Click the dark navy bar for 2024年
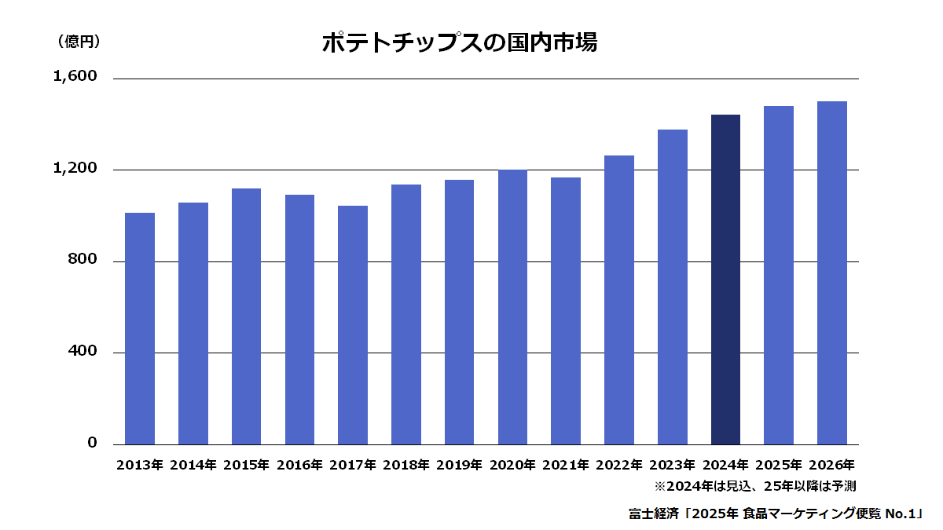(x=725, y=280)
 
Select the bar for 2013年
(x=140, y=328)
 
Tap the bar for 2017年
(x=353, y=325)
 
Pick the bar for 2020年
(x=512, y=307)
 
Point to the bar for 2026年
(x=832, y=273)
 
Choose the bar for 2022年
(x=619, y=300)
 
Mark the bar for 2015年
(x=246, y=316)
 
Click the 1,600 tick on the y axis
(x=75, y=76)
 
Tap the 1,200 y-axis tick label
(x=75, y=168)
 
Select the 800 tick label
(x=82, y=258)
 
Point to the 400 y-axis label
(x=82, y=350)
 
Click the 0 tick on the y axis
(x=92, y=443)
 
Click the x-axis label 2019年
(x=459, y=465)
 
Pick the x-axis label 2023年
(x=673, y=465)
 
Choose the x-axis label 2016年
(x=299, y=465)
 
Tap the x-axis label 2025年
(x=779, y=465)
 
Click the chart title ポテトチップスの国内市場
(x=460, y=42)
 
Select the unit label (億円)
(x=79, y=41)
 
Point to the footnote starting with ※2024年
(x=755, y=486)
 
